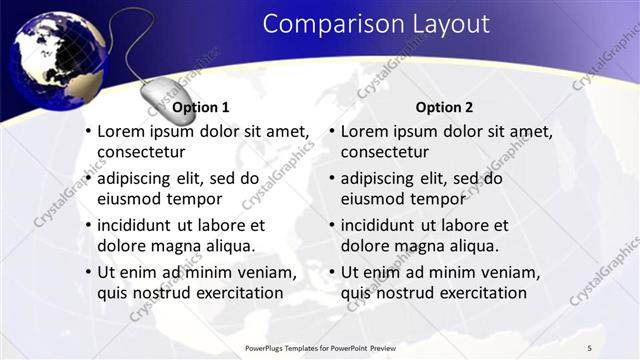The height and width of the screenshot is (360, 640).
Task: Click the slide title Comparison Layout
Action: [x=376, y=24]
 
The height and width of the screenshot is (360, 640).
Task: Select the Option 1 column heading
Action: [x=201, y=107]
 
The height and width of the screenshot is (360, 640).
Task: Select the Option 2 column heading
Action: [x=445, y=107]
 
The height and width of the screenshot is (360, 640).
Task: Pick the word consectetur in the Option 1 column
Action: [x=141, y=152]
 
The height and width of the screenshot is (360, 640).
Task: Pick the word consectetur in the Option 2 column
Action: [x=385, y=152]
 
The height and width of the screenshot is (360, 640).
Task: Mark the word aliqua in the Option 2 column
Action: [x=475, y=245]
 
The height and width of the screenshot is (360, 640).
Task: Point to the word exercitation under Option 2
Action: [x=476, y=292]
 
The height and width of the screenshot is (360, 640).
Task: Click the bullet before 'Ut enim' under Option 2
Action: [x=331, y=272]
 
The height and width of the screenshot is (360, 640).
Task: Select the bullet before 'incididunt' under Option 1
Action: [x=87, y=225]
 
